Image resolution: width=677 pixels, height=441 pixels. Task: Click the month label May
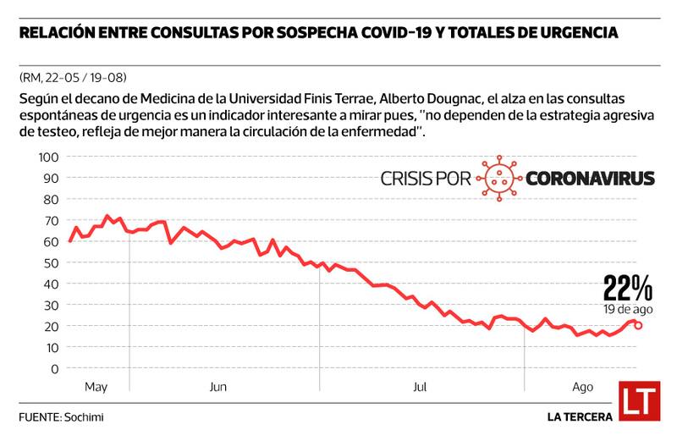coord(96,387)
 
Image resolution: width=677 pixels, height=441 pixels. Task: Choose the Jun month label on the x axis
coord(218,387)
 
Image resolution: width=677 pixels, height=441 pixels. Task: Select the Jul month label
coord(419,387)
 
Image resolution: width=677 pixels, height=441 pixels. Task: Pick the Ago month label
coord(581,387)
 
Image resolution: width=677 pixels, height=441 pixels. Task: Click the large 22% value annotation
coord(627,289)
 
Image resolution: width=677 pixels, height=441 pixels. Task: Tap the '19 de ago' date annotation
coord(628,310)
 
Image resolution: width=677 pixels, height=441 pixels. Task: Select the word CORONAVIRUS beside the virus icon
coord(591,179)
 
